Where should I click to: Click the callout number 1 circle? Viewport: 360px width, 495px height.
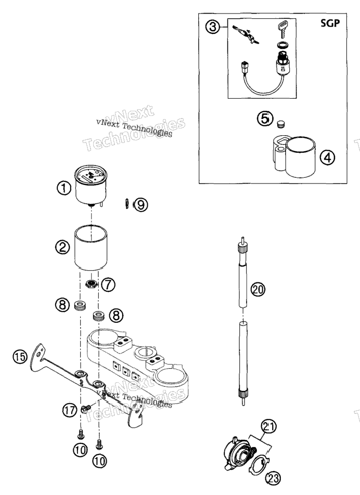pos(64,188)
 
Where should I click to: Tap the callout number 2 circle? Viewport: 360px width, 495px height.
pos(62,246)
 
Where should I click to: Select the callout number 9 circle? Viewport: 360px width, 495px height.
pos(141,205)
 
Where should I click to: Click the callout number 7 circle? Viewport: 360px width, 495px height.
pos(108,285)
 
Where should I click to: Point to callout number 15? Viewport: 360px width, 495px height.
pos(20,357)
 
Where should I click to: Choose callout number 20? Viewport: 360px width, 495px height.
pos(258,289)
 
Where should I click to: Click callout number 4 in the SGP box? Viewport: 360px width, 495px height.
pos(327,157)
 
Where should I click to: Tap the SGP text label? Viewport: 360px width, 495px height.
pos(330,23)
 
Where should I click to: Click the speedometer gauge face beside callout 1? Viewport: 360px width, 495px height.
pos(91,176)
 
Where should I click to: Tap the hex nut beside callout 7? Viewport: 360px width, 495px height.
pos(92,283)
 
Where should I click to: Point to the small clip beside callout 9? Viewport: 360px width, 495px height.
pos(126,204)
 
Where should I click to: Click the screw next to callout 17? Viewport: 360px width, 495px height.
pos(85,409)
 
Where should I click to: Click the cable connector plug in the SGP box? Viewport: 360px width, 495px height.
pos(244,67)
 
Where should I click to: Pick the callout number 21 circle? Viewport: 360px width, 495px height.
pos(268,427)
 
